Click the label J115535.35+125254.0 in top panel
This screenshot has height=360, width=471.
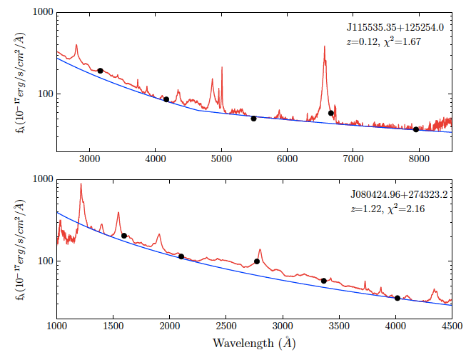pos(395,27)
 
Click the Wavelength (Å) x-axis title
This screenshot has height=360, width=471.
pos(253,344)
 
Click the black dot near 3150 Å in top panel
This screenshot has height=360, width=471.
pos(100,71)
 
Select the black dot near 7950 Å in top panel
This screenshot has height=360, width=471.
pos(416,129)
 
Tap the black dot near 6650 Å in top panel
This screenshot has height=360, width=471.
pos(330,113)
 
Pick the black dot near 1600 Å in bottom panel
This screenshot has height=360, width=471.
pos(124,236)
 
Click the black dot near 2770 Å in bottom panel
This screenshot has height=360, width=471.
pos(257,261)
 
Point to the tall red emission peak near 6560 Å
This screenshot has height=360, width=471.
pos(324,47)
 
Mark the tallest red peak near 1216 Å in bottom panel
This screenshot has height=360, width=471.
pos(81,184)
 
